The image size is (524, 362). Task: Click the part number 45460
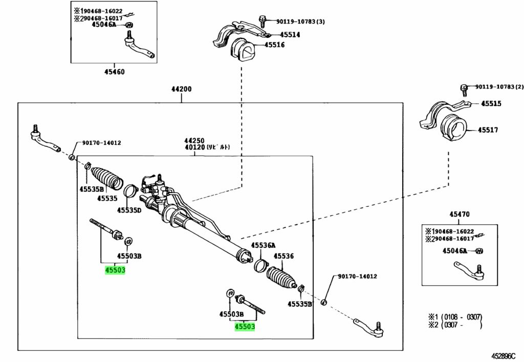coord(114,72)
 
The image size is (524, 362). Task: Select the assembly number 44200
coord(182,89)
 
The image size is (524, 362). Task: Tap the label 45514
coord(290,35)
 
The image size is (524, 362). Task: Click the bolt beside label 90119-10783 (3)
coord(263,21)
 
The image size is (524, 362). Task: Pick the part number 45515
coord(491,103)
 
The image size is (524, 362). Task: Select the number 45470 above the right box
coord(459,214)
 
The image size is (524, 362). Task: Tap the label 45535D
coord(129,210)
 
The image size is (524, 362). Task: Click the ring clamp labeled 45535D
coord(130,191)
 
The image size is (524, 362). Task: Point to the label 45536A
coord(264,246)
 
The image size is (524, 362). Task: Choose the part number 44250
coord(194,141)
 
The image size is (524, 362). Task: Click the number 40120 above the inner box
coord(194,147)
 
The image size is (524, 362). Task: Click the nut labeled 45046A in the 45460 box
coord(129,25)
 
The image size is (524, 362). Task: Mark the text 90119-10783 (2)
coord(499,87)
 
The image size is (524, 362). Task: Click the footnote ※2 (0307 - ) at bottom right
coord(455,325)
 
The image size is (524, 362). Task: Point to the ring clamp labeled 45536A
coord(261,265)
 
